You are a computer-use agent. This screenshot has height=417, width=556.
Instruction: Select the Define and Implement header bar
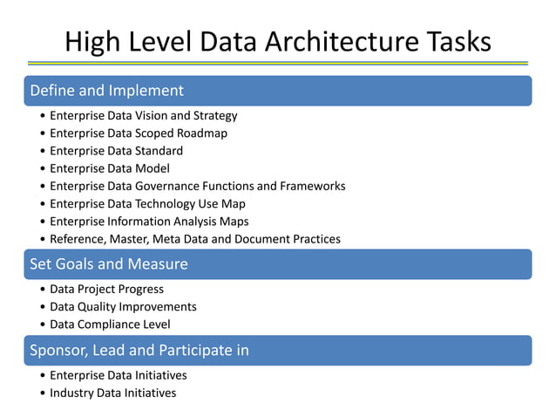click(277, 90)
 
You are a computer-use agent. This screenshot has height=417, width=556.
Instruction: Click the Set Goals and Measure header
click(277, 263)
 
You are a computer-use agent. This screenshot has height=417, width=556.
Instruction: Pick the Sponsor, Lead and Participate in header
click(277, 350)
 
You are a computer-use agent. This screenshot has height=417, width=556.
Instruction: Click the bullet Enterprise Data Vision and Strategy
click(143, 115)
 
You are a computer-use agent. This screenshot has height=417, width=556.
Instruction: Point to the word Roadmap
click(201, 133)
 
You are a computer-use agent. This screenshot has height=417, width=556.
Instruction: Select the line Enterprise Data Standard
click(116, 150)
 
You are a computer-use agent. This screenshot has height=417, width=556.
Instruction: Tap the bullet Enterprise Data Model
click(109, 168)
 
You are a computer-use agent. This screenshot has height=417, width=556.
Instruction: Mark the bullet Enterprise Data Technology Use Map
click(148, 203)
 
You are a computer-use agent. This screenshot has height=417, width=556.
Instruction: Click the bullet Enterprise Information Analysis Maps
click(149, 221)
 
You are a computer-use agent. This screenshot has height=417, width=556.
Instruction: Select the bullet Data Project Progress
click(106, 289)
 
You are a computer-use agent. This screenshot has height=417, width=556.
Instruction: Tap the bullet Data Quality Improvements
click(123, 306)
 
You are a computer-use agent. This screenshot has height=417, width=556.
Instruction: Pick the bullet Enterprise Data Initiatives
click(118, 375)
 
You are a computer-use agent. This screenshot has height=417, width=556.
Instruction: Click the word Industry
click(72, 393)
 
